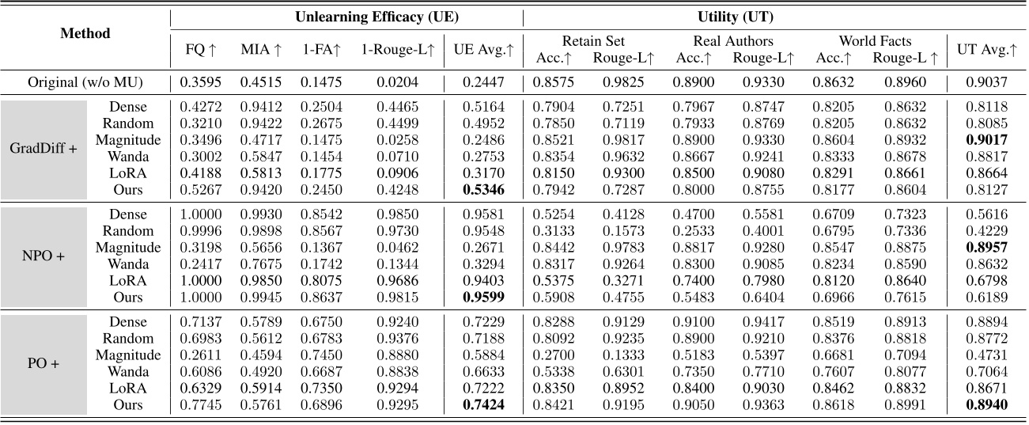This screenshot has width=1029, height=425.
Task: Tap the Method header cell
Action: click(x=85, y=34)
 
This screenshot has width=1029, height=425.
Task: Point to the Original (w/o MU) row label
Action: click(x=85, y=81)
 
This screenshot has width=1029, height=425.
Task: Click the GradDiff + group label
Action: click(x=43, y=148)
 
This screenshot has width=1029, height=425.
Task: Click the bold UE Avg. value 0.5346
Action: click(x=483, y=190)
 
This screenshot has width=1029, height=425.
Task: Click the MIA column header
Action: click(x=260, y=50)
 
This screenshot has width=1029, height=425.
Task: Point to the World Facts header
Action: click(x=875, y=41)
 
